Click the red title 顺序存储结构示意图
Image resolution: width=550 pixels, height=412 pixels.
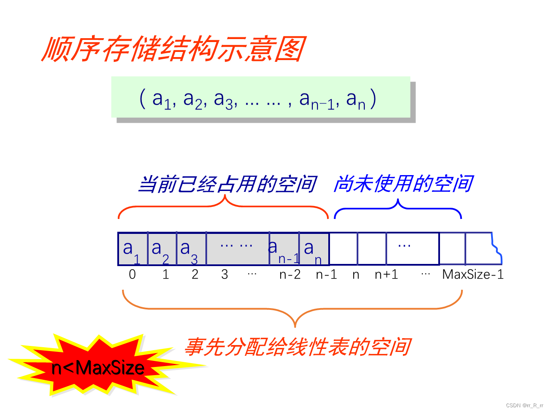point(174,49)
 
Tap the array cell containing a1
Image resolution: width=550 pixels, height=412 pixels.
point(132,249)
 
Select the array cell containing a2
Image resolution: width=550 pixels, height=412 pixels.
point(162,249)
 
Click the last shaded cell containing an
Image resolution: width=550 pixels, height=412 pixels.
point(313,249)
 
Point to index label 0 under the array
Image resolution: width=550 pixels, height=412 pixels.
point(132,275)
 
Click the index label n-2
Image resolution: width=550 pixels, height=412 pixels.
point(290,275)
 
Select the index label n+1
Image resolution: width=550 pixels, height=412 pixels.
point(386,275)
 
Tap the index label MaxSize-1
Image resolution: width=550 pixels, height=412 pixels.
point(473,275)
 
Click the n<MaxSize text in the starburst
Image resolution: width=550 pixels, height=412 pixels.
point(98,368)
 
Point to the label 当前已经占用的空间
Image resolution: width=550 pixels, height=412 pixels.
point(227,185)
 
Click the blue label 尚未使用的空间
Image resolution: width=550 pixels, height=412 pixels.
point(403,184)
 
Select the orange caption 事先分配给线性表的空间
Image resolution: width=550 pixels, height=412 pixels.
point(297,347)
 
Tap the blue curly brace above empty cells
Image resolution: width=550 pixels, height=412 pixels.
point(398,207)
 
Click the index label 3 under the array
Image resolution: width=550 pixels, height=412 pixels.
point(224,275)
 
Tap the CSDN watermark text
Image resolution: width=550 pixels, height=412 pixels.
point(524,406)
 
